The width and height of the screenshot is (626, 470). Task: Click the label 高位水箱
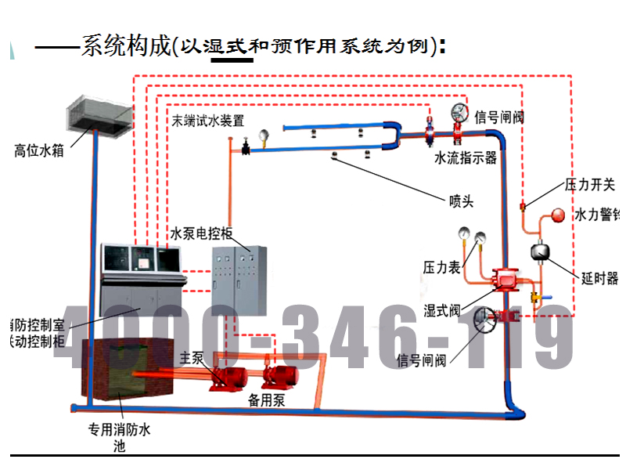pos(39,150)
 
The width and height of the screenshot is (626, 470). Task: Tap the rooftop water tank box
pos(98,114)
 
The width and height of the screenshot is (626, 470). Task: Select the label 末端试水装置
pos(208,121)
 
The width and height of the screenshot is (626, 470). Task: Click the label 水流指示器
pos(466,158)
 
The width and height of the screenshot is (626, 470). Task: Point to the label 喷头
pos(461,201)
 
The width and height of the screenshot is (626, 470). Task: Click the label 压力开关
pos(590,186)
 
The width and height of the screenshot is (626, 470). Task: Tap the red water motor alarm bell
pos(558,214)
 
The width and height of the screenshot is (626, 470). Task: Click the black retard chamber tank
pos(539,251)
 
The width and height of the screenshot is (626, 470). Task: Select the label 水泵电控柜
pos(202,233)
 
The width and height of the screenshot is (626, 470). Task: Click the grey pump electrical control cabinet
pos(240,274)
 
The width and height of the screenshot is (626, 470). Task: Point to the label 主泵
pos(192,358)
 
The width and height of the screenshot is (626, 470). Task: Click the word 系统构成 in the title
pos(125,46)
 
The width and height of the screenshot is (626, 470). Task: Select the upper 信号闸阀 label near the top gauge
pos(498,117)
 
